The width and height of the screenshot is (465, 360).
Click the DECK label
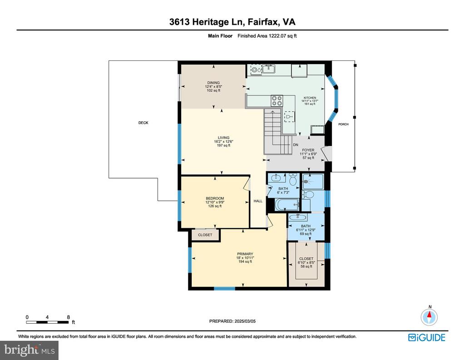coord(143,123)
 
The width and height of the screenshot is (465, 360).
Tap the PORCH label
coord(343,124)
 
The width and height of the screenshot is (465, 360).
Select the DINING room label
coord(213,83)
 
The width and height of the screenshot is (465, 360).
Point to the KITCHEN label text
coord(310,98)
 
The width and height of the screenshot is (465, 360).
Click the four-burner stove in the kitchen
coord(277,101)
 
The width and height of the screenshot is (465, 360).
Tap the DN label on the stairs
coord(295,145)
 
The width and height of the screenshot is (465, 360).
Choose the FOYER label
coord(308,150)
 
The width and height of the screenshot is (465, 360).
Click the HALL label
coord(258,201)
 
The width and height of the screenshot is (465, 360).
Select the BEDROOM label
coord(215,198)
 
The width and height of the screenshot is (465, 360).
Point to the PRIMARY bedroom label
coord(245,254)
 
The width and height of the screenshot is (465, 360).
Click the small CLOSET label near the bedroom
coord(205,235)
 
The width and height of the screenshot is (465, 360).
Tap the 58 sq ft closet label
coord(307,262)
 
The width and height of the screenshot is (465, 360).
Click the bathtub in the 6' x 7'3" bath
coord(287,205)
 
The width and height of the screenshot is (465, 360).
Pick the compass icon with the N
coord(429,317)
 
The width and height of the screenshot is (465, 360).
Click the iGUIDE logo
coord(427,338)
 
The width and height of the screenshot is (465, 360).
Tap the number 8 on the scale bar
coord(68,317)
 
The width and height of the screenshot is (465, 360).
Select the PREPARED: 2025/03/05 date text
coord(232,321)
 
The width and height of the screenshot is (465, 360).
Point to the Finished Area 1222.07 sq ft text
coord(267,36)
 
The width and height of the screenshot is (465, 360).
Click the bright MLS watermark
coord(30,350)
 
